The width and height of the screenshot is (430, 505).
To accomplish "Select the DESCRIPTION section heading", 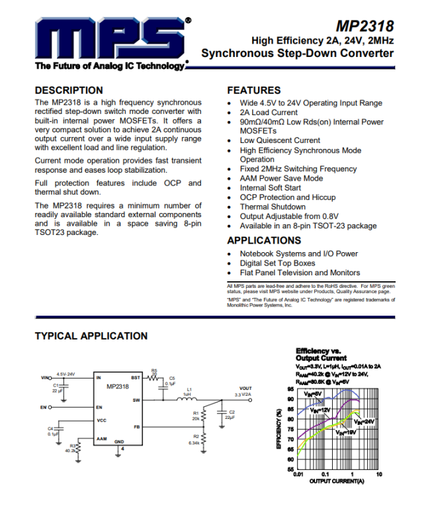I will coord(69,90).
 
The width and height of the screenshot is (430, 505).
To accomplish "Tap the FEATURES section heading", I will coord(253,90).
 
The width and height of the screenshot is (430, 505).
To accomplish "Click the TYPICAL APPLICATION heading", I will coord(91,336).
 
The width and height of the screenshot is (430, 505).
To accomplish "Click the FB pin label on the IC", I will coord(136,427).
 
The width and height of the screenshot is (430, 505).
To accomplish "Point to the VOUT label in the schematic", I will coord(245,389).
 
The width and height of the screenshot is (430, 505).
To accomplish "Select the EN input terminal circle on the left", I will coord(51,407).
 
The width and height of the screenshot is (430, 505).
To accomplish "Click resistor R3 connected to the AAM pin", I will coord(77,448).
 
